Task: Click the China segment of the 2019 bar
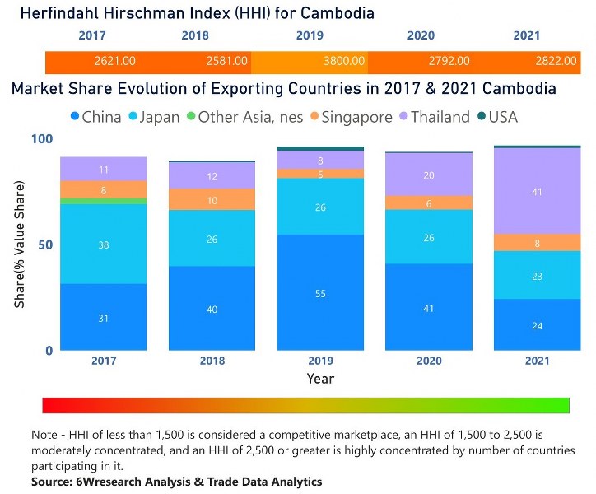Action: point(320,292)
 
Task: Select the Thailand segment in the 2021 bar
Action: point(536,191)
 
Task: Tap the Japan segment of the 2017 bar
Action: point(104,244)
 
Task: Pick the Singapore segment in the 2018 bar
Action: point(212,200)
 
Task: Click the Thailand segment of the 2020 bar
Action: point(428,175)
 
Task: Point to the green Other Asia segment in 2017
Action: point(104,201)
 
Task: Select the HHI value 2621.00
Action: point(114,61)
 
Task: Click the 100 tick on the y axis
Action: point(40,139)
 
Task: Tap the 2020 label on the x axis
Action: point(428,361)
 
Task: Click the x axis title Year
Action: point(320,379)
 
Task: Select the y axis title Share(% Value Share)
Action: point(19,245)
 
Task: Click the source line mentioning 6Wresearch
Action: point(176,481)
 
